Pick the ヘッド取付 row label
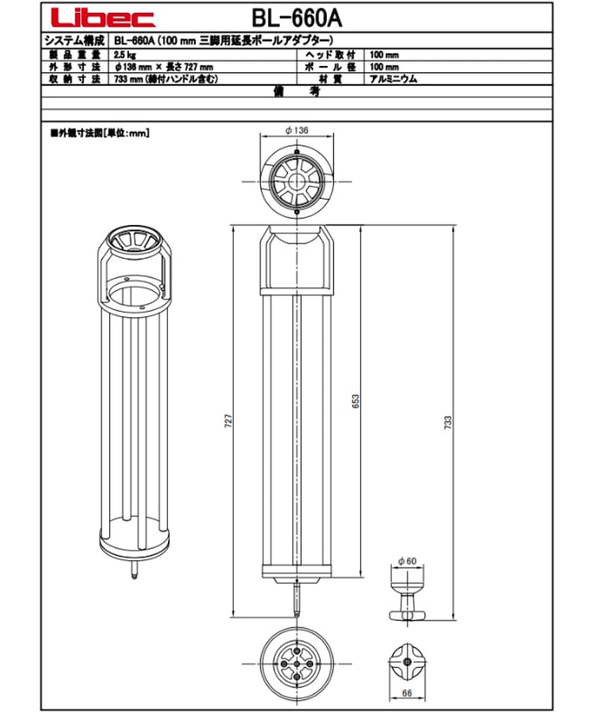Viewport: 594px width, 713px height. [330, 56]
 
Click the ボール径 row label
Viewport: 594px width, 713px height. [330, 67]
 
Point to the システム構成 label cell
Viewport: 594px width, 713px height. [75, 42]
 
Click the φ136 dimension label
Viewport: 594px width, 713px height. [296, 130]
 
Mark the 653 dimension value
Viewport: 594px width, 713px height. [356, 402]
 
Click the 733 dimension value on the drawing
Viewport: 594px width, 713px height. [448, 423]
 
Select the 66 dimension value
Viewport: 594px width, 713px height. [407, 694]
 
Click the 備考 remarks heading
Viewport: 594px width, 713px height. [296, 91]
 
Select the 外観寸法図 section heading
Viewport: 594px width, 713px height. [99, 134]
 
